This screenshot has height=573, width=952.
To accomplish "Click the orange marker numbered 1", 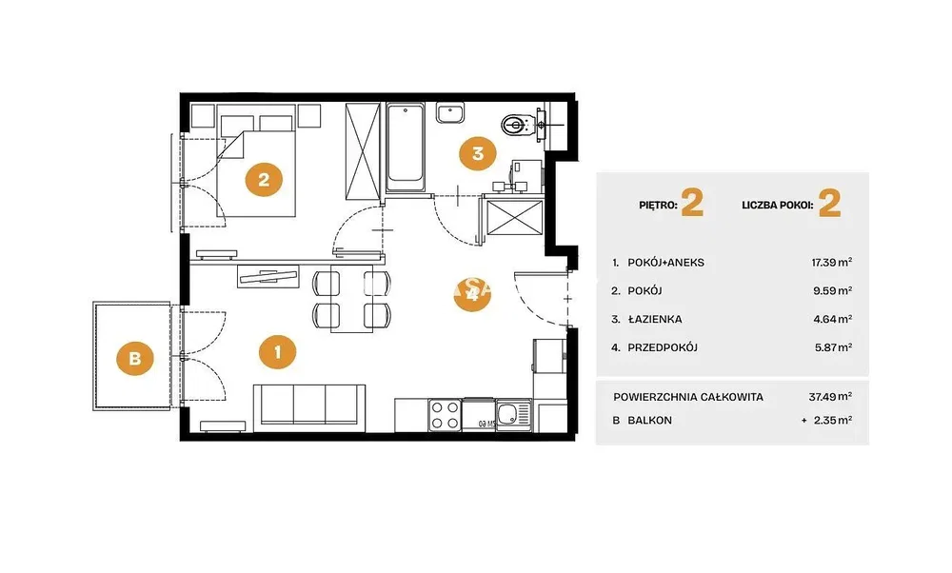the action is (277, 351).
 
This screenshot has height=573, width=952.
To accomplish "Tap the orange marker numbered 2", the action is (264, 179).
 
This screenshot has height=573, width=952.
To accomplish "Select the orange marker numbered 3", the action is (477, 153).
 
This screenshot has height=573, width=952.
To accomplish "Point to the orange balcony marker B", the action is (135, 358).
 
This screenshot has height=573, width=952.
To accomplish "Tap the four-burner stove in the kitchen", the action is (445, 415).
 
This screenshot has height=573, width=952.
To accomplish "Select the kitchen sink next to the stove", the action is (514, 415).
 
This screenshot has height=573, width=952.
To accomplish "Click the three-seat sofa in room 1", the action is (309, 405).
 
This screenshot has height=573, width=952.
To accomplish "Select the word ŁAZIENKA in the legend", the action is (655, 319).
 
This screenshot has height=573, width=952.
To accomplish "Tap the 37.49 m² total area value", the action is (830, 396).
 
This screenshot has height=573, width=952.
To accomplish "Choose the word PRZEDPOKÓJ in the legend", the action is (663, 347).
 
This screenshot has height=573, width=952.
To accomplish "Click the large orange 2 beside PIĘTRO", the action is (692, 204).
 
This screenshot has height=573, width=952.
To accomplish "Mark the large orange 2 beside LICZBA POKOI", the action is (830, 204).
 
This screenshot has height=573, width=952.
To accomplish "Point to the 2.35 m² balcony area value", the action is (833, 420).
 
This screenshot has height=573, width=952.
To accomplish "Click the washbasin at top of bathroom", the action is (449, 113).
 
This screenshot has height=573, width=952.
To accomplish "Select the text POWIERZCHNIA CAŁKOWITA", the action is (688, 397).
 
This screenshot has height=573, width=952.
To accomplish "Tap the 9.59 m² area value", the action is (833, 290).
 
